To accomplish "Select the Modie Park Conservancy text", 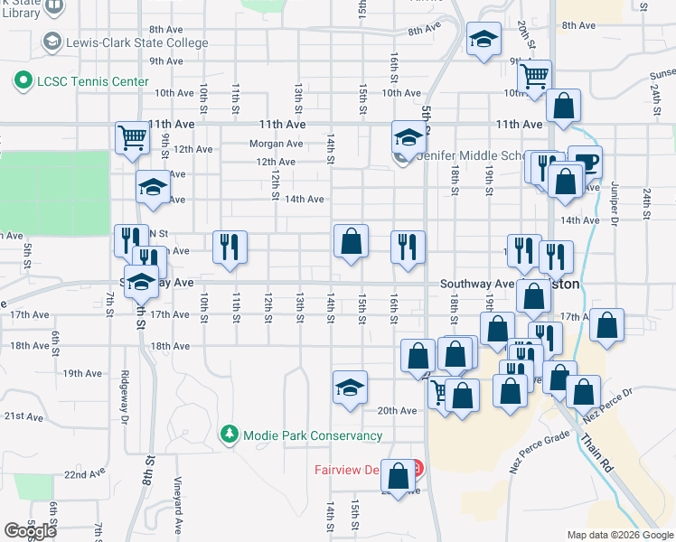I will pos(310,435).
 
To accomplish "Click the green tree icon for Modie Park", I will pos(230,435).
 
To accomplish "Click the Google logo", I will pos(30,531).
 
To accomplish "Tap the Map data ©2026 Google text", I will pos(619,535).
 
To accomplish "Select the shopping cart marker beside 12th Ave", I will pos(132,138).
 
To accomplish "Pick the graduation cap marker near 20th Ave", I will pos(351,387).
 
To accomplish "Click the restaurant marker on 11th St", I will pos(230,246).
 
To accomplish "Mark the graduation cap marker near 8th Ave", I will pos(484,39).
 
